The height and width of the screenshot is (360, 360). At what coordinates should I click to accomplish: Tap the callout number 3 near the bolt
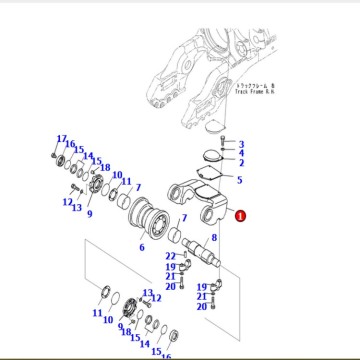(x=241, y=145)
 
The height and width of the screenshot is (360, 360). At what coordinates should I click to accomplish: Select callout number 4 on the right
(x=241, y=154)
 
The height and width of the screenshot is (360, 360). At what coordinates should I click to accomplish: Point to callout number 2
(x=241, y=163)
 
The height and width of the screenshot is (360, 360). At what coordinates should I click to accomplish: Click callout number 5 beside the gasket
(x=241, y=180)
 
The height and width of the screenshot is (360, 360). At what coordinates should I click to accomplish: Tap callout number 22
(x=170, y=257)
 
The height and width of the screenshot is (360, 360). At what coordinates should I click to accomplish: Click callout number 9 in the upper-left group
(x=89, y=213)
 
